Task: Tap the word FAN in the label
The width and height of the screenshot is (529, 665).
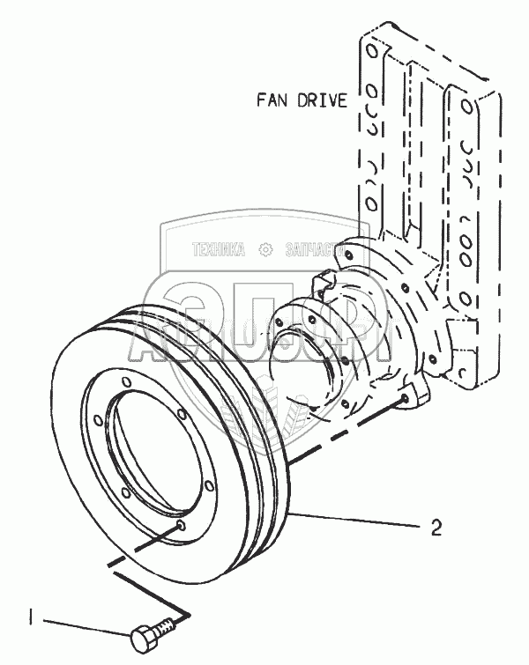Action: point(272,99)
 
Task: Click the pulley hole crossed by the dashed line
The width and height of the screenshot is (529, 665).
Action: point(181,526)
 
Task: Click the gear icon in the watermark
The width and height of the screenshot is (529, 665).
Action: point(264,250)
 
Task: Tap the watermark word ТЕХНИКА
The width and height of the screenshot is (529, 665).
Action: point(219,250)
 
